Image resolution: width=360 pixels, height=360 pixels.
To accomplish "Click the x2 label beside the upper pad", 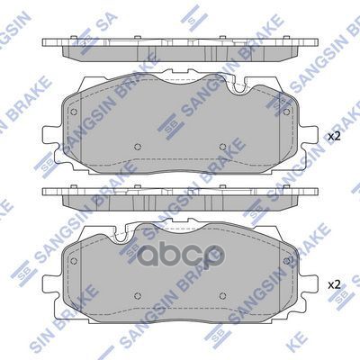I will tap(335, 136).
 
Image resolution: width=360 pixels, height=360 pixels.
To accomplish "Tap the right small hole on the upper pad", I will tap(221, 148).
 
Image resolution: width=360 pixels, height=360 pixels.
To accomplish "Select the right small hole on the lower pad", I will tap(221, 296).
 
